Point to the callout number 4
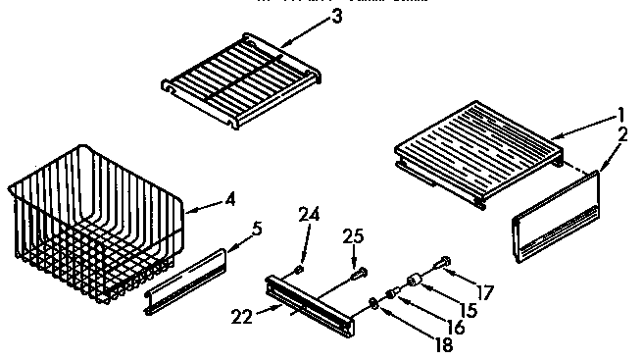[x=229, y=201]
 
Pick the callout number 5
[x=257, y=230]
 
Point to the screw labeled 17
[x=440, y=262]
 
